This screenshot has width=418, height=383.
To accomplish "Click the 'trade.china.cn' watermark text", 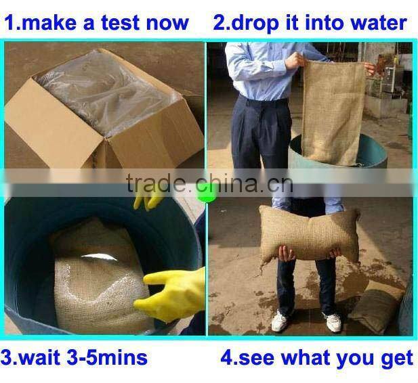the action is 210,183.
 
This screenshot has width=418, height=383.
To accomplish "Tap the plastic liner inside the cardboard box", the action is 106,93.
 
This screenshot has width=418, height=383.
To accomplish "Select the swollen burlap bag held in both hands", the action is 309,234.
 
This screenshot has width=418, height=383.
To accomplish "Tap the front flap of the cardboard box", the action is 54,122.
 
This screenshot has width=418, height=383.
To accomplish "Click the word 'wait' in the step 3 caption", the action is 39,357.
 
